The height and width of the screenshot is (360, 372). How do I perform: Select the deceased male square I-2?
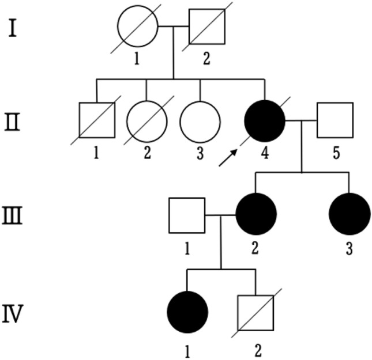[x=206, y=26]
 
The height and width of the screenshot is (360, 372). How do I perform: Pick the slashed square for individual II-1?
[x=97, y=120]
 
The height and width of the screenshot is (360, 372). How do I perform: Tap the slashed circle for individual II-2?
[x=146, y=120]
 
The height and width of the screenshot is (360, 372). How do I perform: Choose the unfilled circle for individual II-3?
[x=200, y=120]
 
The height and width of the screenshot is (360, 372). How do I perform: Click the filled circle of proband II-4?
[x=265, y=120]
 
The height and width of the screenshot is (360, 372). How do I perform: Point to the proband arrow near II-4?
[x=228, y=157]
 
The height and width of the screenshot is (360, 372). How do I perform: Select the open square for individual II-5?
[x=335, y=120]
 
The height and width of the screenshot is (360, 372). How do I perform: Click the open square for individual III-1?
[x=187, y=215]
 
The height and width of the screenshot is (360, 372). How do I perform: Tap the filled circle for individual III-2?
[x=256, y=214]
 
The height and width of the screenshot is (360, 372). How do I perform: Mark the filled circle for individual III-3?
[x=349, y=214]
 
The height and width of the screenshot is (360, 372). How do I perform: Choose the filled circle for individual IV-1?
[x=187, y=312]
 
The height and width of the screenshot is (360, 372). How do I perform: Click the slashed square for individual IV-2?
[x=255, y=312]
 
